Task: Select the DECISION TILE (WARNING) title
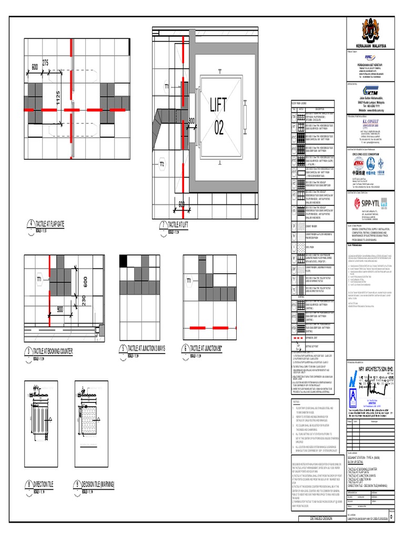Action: pos(98,483)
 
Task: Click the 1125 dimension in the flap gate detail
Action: pos(58,98)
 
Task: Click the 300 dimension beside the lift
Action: pos(192,120)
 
